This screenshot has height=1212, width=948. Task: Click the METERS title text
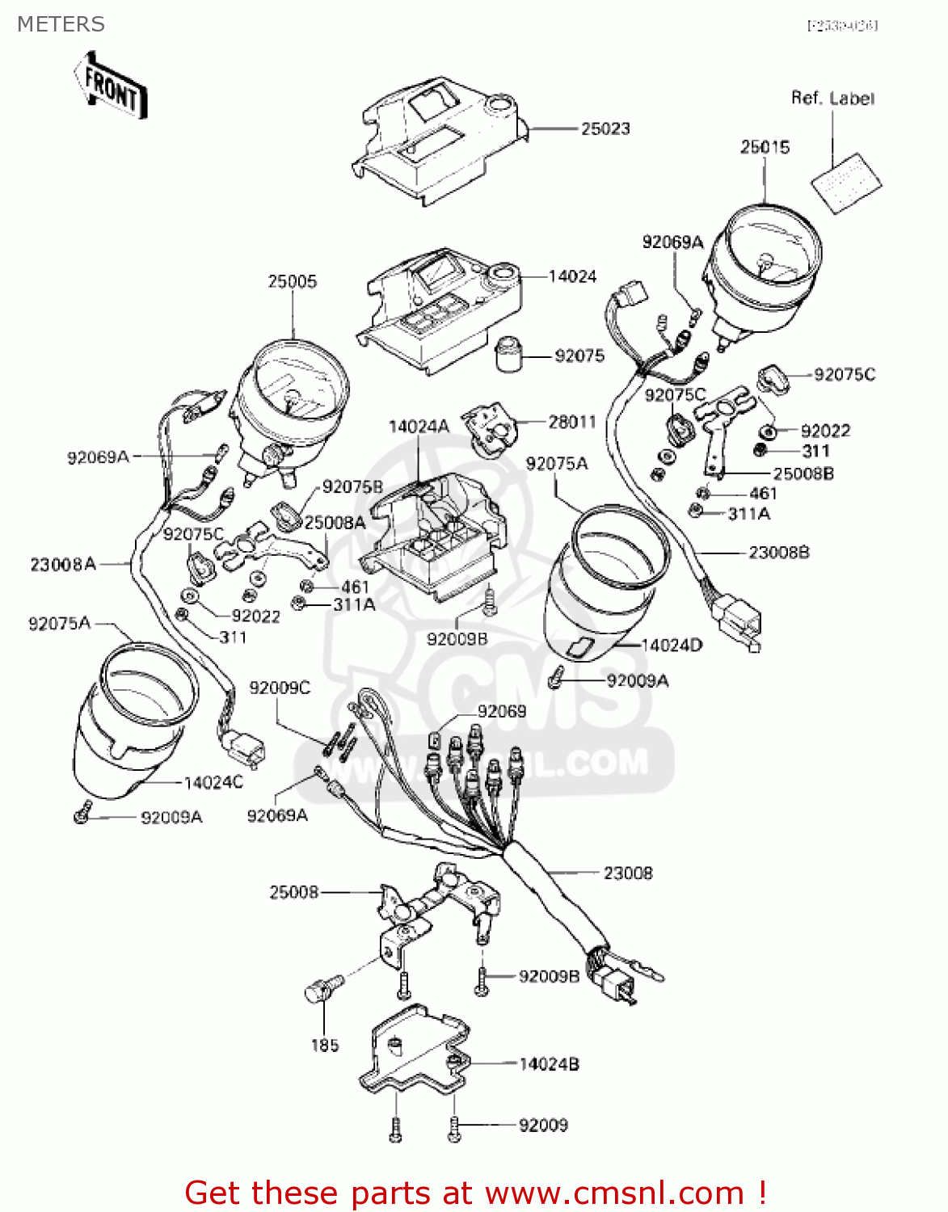[x=61, y=24]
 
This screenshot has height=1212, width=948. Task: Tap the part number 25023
[x=605, y=128]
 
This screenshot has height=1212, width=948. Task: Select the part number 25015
[x=765, y=147]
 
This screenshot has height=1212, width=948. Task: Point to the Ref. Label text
[x=832, y=99]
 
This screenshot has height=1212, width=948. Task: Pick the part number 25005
[x=293, y=281]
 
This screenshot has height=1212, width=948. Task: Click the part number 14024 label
[x=572, y=276]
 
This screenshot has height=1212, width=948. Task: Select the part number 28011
[x=572, y=422]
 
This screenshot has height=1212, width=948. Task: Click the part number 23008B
[x=778, y=553]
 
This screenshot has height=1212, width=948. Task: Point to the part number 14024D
[x=672, y=645]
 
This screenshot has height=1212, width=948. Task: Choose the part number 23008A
[x=63, y=564]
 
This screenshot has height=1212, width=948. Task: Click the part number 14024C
[x=213, y=782]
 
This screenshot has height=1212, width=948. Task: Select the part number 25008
[x=293, y=892]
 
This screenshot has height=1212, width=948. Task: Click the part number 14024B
[x=549, y=1064]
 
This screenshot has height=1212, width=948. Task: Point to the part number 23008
[x=628, y=873]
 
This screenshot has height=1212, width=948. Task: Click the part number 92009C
[x=280, y=688]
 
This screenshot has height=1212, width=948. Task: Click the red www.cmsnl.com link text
[x=613, y=1193]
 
